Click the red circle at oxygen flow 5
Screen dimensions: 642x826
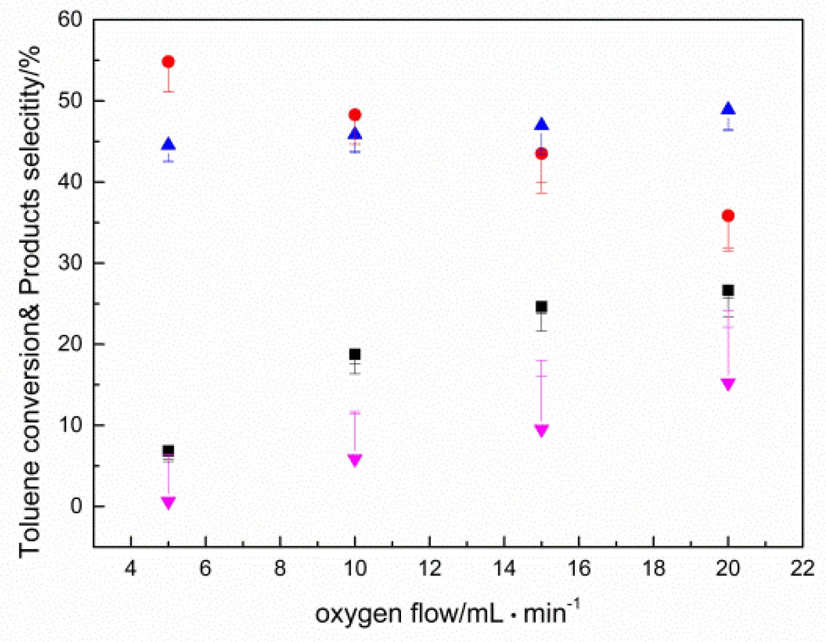[x=168, y=61]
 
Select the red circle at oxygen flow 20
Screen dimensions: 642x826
[x=728, y=216]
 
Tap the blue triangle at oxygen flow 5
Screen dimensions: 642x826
[x=168, y=144]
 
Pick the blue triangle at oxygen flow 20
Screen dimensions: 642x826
[x=728, y=109]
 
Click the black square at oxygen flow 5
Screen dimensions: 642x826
[x=168, y=450]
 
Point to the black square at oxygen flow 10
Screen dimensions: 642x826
[x=355, y=354]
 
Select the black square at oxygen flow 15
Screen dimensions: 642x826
[x=541, y=307]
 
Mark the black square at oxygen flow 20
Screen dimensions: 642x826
[x=728, y=290]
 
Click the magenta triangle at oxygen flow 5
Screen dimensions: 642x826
[x=168, y=503]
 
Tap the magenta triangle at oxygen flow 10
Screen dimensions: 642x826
[x=355, y=460]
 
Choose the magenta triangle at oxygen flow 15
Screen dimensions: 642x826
[x=541, y=430]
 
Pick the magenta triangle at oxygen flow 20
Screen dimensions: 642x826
[x=728, y=384]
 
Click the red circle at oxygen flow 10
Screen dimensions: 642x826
[x=355, y=115]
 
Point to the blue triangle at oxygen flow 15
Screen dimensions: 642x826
[x=541, y=124]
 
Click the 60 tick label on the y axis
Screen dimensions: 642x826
[x=70, y=20]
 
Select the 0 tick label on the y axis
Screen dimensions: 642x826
[x=77, y=507]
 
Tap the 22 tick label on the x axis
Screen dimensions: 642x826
[x=802, y=569]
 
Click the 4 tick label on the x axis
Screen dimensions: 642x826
[x=131, y=569]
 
